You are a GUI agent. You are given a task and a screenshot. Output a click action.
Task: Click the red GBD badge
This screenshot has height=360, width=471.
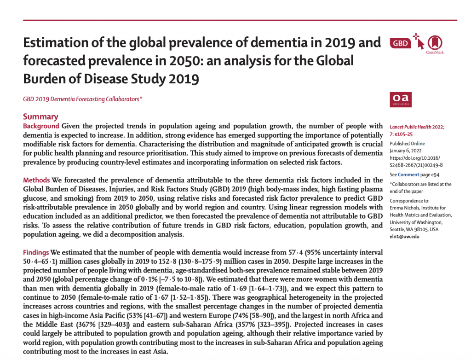[x=400, y=43]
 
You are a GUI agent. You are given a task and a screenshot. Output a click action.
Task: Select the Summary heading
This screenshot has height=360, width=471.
[x=40, y=116]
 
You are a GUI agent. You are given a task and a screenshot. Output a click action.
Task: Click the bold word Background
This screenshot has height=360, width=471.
[x=41, y=126]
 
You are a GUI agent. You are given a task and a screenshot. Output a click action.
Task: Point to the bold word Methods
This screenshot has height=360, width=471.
[x=36, y=180]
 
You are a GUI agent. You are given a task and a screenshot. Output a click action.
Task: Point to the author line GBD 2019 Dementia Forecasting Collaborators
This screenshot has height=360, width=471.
[x=82, y=99]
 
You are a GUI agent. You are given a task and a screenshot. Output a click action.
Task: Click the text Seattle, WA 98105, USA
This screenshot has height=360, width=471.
[x=414, y=229]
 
